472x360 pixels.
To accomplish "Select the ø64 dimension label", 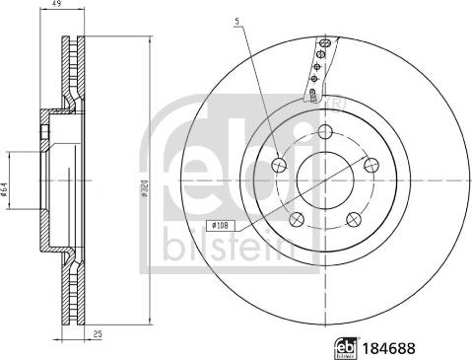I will (x=6, y=187).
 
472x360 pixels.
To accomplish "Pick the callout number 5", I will (x=237, y=21).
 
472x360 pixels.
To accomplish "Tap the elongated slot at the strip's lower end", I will (x=311, y=96).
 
